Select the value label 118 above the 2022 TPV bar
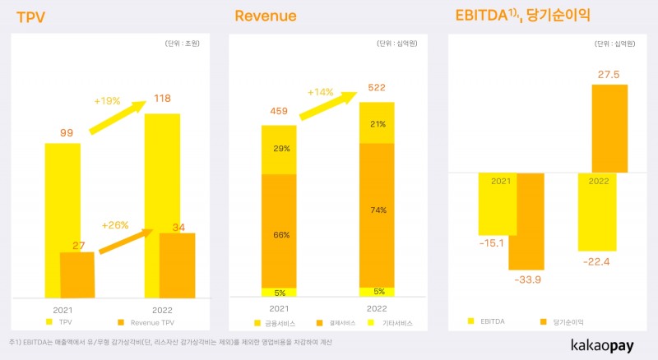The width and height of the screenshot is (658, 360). (x=162, y=99)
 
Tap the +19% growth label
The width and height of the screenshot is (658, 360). (x=106, y=101)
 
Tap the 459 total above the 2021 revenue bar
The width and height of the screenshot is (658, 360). (x=279, y=111)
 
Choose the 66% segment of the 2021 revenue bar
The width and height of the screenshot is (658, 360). (x=279, y=234)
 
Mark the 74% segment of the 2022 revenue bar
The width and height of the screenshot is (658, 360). (x=378, y=210)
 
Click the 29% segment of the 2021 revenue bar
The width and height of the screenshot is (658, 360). (x=279, y=150)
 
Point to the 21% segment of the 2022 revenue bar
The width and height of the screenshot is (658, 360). (x=378, y=123)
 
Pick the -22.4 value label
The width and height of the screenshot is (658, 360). (x=597, y=261)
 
